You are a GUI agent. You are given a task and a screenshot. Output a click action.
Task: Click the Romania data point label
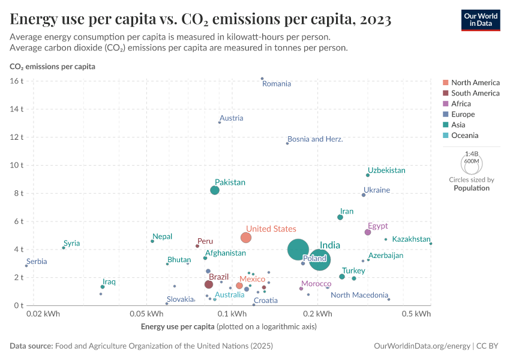tap(277, 84)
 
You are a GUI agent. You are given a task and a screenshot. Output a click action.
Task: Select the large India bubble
tap(298, 250)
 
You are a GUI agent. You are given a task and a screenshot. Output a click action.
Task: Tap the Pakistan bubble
tap(215, 190)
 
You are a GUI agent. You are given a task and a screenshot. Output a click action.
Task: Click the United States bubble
tap(246, 238)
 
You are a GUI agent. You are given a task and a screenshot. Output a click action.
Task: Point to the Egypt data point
tap(368, 232)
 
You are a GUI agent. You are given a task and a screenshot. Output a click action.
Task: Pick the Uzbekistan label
tap(386, 170)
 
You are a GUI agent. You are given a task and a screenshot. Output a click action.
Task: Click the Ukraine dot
tap(364, 194)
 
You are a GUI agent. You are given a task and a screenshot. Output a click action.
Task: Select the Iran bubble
tap(340, 217)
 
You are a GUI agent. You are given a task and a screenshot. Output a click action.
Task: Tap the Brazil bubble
tap(209, 284)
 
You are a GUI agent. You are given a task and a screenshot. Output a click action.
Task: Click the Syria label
tap(71, 244)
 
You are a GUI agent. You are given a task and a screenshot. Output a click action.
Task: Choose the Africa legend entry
tap(461, 104)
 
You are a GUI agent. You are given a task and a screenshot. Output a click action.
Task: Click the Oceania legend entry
tap(465, 136)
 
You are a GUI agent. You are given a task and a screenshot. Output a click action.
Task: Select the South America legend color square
tap(445, 93)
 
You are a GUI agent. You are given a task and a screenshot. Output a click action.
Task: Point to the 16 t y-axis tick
tap(17, 81)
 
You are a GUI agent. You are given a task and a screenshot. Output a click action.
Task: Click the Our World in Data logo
tap(480, 20)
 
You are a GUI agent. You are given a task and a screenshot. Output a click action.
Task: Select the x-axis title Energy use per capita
tap(178, 326)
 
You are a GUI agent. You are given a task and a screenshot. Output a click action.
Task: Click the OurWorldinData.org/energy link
tap(422, 346)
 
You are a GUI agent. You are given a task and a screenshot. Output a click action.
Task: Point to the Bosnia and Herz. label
tap(315, 139)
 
